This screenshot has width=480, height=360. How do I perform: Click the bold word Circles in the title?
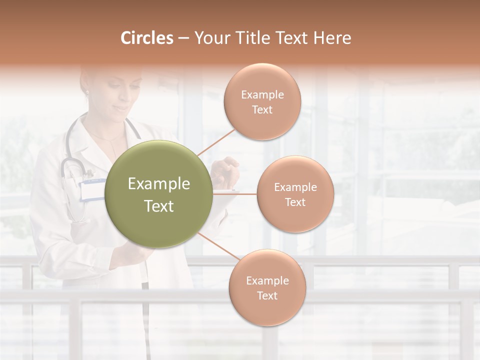(146, 38)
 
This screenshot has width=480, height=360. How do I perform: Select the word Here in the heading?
(332, 38)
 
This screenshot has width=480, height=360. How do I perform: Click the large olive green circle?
(159, 194)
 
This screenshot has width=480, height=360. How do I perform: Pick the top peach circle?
(262, 102)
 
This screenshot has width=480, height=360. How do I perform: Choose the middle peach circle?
(295, 194)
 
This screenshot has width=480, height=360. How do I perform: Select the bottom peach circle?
(267, 288)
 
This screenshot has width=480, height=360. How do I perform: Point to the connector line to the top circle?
(215, 141)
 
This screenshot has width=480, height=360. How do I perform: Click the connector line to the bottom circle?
(216, 247)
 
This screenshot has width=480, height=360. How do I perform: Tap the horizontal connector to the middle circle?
(235, 194)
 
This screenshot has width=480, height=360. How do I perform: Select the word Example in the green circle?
(159, 184)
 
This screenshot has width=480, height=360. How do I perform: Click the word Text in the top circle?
(262, 110)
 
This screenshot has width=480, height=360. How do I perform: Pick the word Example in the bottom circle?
(267, 280)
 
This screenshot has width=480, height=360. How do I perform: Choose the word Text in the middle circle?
(295, 202)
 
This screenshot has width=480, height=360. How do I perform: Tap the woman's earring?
(87, 92)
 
